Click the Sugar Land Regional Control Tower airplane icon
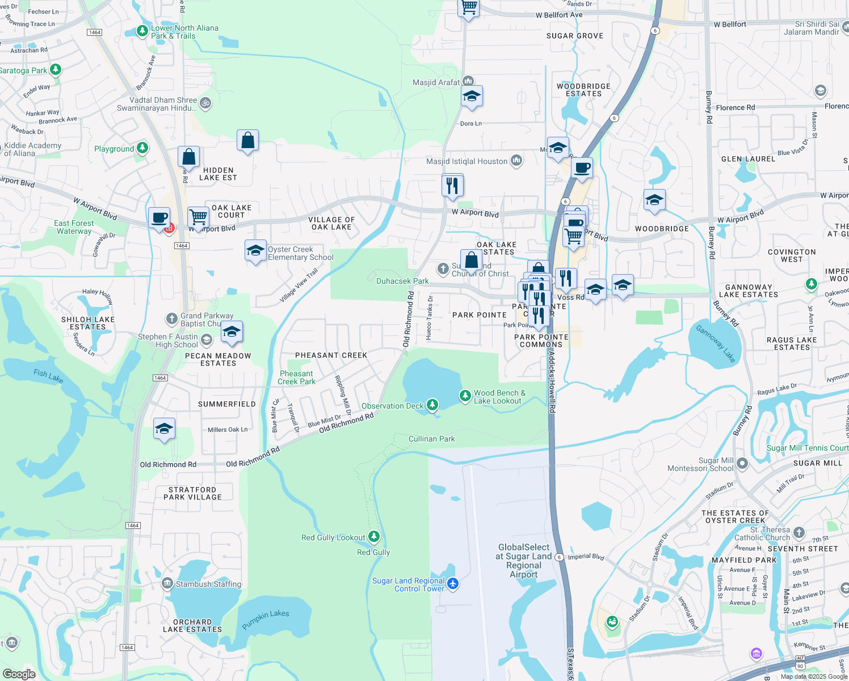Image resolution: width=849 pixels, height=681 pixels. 452,583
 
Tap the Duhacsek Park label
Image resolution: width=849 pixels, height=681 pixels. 402,281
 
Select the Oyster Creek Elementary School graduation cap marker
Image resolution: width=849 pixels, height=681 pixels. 255,250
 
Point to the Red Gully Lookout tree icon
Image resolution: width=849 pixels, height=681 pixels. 373,536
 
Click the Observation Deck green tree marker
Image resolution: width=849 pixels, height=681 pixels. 432,405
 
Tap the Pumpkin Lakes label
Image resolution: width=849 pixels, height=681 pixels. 265,619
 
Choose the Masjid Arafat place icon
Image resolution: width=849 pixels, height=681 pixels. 468,81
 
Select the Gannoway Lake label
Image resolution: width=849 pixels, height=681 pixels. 716,344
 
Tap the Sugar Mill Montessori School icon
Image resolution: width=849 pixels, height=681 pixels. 742,464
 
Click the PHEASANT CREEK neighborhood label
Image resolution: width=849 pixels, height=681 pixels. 331,355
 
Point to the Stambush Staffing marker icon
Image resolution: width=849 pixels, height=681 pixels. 167,583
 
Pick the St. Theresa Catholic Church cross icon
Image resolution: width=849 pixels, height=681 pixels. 799,532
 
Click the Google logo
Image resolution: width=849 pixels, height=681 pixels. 19,674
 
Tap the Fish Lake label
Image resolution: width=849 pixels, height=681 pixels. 48,375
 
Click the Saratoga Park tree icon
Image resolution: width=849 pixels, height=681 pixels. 55,69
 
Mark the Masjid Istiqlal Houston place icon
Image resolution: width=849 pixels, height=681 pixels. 516,161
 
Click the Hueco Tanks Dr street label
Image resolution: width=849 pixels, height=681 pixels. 430,319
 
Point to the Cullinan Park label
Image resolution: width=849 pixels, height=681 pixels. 431,439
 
